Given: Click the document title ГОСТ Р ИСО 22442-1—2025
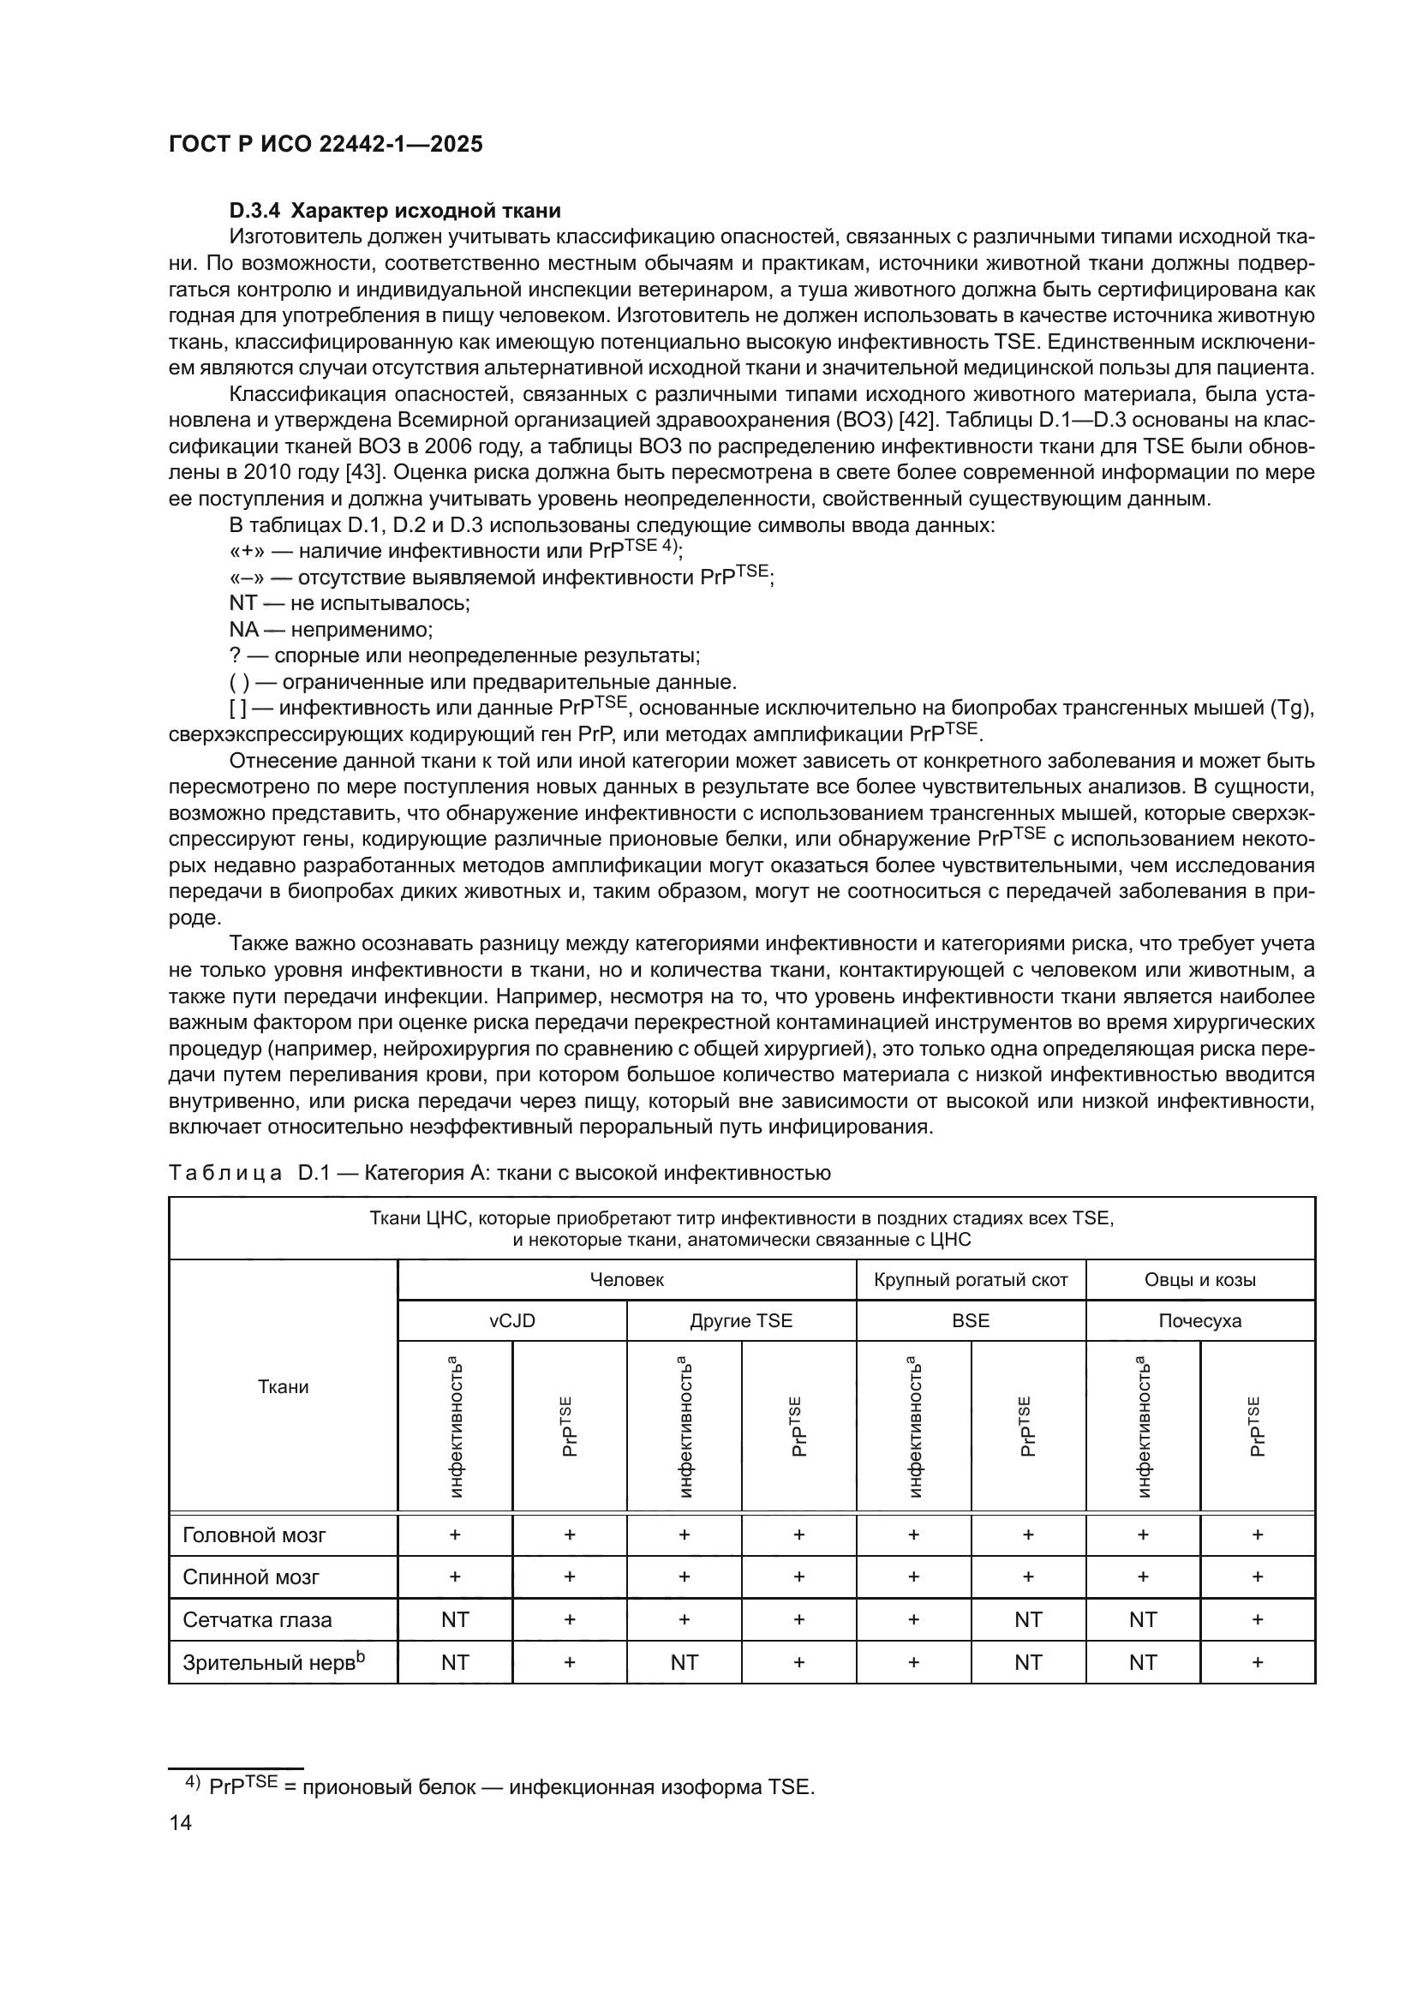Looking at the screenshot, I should (326, 145).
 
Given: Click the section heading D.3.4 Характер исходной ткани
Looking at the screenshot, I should (394, 211).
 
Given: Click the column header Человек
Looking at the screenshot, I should (626, 1279).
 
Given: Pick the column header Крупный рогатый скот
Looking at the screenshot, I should (971, 1279).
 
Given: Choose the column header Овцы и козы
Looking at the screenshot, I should (1199, 1279).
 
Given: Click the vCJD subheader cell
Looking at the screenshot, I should (512, 1320).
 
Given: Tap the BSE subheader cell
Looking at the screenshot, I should (971, 1320).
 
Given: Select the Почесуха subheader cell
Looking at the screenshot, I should (1199, 1320).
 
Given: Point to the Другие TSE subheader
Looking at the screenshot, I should (741, 1320).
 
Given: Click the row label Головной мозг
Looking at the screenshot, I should (254, 1535).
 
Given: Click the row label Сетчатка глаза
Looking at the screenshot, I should (257, 1620).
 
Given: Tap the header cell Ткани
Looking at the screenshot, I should (283, 1387).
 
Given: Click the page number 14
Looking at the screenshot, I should (181, 1822).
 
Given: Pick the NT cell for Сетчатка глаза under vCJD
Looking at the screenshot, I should (455, 1620).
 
